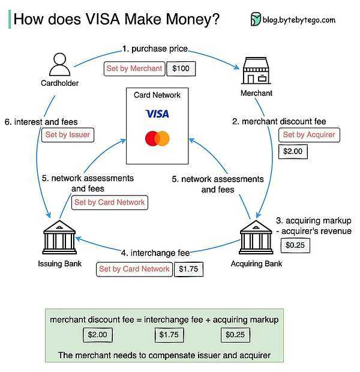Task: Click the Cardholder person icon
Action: [x=59, y=64]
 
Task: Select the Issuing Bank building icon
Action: [x=59, y=237]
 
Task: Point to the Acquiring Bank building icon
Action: [x=256, y=237]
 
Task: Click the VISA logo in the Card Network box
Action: [x=157, y=114]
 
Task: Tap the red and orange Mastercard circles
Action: [x=157, y=139]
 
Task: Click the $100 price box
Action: [x=181, y=68]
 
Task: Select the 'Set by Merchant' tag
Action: [x=134, y=68]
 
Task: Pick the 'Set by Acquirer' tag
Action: [x=309, y=135]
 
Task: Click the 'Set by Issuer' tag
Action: [x=68, y=135]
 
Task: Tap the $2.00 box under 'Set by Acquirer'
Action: [x=293, y=151]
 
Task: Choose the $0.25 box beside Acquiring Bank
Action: [x=295, y=245]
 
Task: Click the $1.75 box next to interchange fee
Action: [x=188, y=269]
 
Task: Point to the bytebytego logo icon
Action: [x=256, y=19]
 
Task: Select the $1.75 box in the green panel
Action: [x=169, y=335]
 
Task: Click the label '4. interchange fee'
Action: [x=155, y=253]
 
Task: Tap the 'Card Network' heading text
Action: [x=157, y=95]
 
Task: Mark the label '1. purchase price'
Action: [x=155, y=49]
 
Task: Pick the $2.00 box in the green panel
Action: [x=98, y=335]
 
